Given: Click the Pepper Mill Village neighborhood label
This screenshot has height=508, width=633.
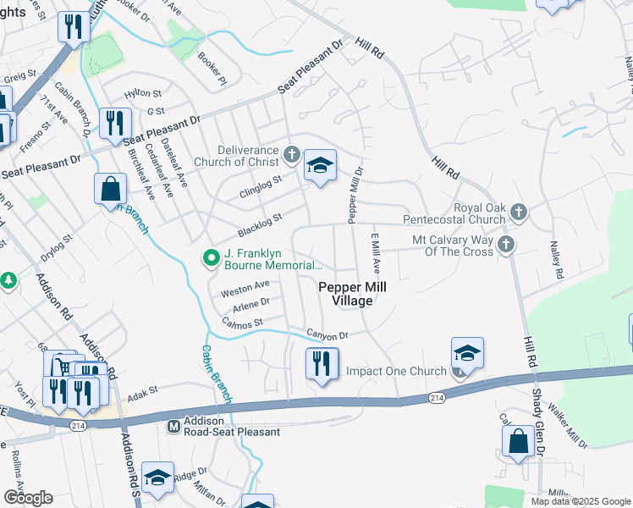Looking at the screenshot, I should point(352,295).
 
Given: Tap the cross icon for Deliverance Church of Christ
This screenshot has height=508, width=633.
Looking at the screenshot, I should point(292,154).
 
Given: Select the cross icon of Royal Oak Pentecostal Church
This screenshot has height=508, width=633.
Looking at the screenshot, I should point(519,212).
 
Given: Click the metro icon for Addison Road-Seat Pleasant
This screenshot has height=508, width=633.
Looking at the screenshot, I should point(173,425).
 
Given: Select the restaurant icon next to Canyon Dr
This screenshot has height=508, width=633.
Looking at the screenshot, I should point(322,364).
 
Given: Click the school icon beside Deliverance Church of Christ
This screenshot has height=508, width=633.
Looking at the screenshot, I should point(320,167).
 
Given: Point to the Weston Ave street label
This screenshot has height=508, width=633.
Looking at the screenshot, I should point(245,289).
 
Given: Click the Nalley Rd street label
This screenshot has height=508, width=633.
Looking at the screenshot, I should point(557,262).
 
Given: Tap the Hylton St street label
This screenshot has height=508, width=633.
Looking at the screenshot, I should point(142,94).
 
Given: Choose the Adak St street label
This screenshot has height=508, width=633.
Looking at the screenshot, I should point(142,391).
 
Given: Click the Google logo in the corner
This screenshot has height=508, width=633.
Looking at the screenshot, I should point(28,497).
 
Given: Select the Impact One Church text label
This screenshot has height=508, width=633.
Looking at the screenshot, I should point(396,372).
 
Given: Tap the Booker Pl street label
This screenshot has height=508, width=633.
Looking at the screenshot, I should point(212,66).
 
